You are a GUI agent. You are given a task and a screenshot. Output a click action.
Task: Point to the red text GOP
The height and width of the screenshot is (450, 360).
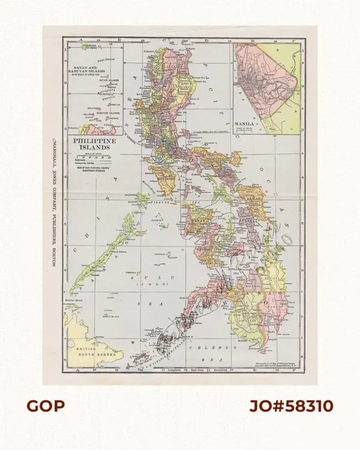[45, 406]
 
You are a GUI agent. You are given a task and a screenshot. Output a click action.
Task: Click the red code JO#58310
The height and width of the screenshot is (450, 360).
[291, 406]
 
